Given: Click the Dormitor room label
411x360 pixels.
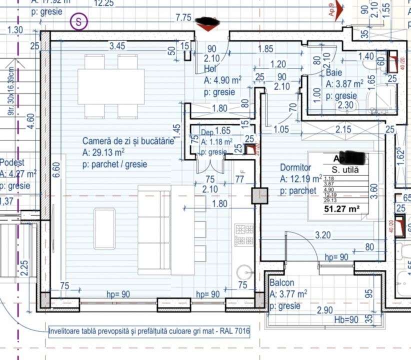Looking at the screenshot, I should tap(295, 168).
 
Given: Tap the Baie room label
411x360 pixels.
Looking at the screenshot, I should tap(334, 73).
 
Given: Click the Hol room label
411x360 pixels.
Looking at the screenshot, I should tap(209, 69).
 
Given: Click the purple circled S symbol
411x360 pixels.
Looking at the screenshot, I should tap(79, 21).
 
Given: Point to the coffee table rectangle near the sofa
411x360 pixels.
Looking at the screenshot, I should tap(103, 228).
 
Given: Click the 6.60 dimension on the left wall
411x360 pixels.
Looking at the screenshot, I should tap(56, 170).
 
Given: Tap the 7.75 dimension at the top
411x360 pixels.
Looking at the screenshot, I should tap(183, 18).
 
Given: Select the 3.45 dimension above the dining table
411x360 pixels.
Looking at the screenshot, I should tap(117, 46).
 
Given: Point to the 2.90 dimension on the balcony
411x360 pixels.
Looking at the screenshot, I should tap(325, 310).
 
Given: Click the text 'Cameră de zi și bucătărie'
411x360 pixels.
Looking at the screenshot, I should tap(128, 141).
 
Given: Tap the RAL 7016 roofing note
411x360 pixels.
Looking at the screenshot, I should tap(149, 331).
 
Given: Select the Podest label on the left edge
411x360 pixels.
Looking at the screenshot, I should tap(12, 162).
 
